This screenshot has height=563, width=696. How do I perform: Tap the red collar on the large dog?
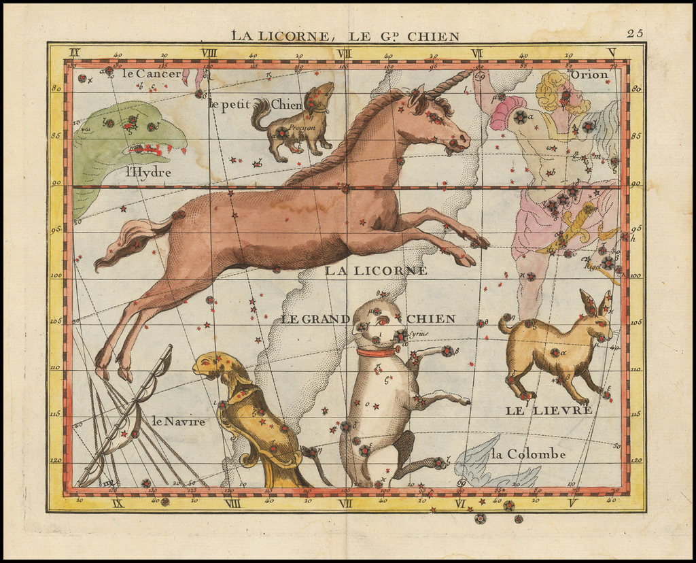(376, 352)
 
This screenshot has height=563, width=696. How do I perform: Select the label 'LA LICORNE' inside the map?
(375, 271)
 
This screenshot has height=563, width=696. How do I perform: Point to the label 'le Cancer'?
(152, 73)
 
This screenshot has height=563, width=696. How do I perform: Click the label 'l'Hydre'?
(147, 173)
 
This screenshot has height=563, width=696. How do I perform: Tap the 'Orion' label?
(589, 74)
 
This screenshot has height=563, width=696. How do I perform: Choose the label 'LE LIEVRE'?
(549, 410)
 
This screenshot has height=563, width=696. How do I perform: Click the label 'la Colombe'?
(527, 454)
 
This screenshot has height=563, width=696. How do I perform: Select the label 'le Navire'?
(178, 422)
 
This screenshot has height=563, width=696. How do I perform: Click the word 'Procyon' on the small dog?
(301, 127)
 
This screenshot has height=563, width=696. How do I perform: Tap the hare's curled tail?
(506, 323)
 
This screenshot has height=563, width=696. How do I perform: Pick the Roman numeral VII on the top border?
(344, 52)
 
